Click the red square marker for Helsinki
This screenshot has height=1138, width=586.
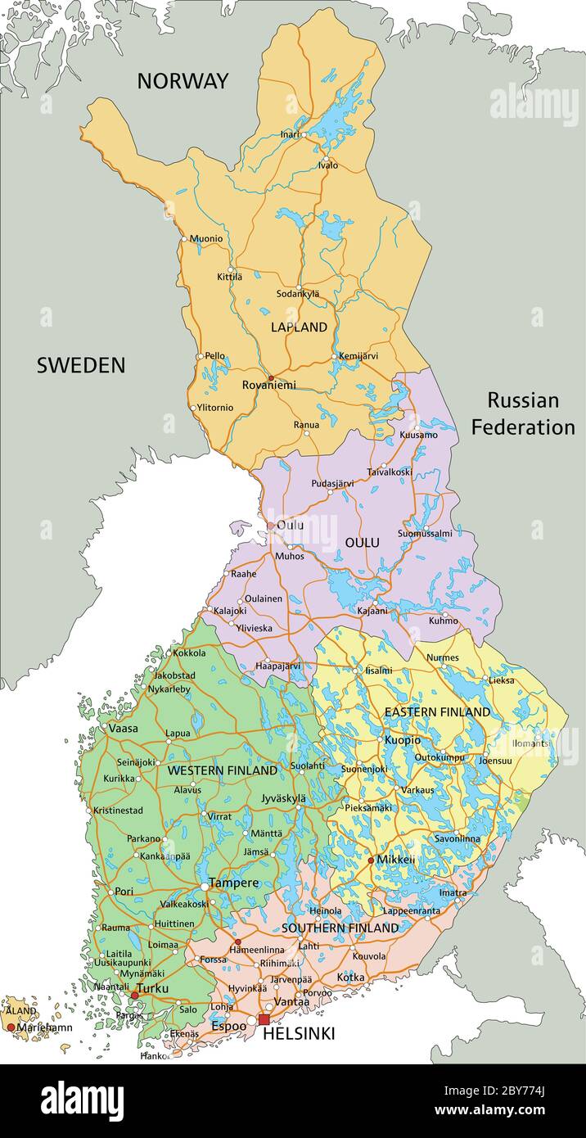(264, 1019)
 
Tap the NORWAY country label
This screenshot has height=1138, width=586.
(183, 81)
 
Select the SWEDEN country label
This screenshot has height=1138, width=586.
(81, 366)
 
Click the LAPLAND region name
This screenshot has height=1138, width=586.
(299, 327)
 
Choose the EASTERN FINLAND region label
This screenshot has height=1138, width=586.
(437, 712)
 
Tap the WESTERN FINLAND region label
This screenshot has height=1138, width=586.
(222, 771)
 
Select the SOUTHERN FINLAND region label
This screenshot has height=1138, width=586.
(340, 928)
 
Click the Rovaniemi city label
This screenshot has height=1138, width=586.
(268, 385)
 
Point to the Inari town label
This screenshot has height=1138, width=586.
(290, 134)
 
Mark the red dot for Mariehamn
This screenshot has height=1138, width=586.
(11, 1027)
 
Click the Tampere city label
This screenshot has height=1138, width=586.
(233, 883)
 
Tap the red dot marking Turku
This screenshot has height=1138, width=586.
(135, 995)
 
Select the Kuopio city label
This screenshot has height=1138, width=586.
(402, 740)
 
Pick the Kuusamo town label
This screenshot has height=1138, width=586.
(419, 436)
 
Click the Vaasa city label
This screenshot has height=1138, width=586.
(123, 728)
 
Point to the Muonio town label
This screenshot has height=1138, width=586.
(205, 239)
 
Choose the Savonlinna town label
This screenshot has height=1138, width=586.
(457, 839)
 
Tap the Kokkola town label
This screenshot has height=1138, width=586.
(189, 653)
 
